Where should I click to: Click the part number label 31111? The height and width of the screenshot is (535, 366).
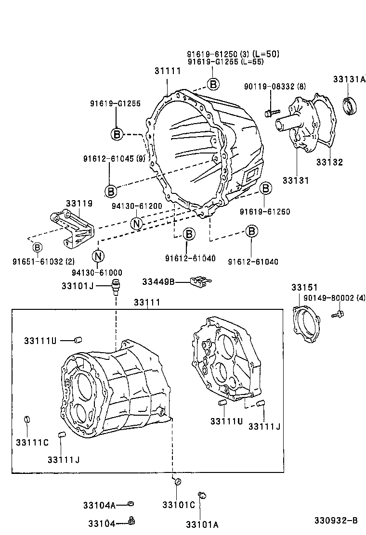(167, 71)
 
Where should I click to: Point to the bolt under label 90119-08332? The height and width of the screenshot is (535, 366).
(271, 113)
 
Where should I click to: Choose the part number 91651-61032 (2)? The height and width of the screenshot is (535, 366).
(43, 262)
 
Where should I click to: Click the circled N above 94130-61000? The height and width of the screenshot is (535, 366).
(98, 255)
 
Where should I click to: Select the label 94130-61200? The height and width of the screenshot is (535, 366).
(137, 205)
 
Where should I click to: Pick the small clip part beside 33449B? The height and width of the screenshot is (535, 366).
(199, 281)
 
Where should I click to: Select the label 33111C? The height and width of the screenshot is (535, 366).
(32, 443)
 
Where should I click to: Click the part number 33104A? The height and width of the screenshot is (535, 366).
(99, 505)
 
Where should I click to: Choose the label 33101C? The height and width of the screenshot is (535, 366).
(179, 505)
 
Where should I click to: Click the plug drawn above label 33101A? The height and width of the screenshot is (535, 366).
(202, 495)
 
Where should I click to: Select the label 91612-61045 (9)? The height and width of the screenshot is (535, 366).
(114, 159)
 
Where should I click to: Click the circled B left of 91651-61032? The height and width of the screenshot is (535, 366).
(37, 247)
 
